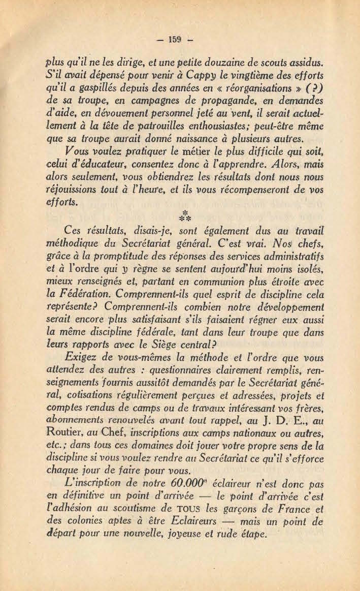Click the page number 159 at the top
click(x=180, y=39)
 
